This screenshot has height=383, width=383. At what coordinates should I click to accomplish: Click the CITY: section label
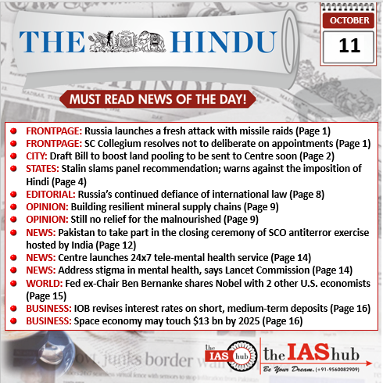point(39,156)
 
